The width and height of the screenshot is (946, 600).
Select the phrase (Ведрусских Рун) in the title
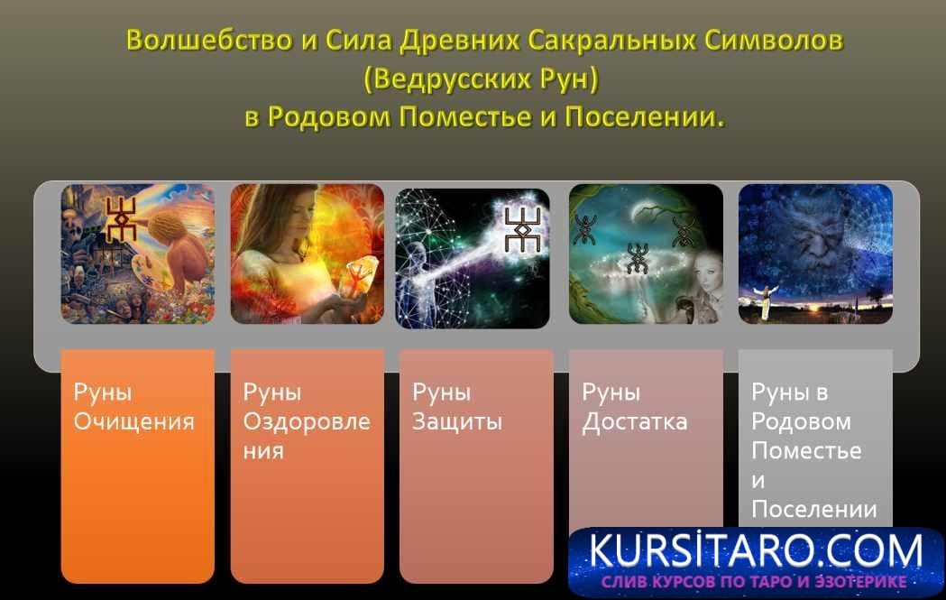[482, 79]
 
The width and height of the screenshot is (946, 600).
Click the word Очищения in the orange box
[134, 421]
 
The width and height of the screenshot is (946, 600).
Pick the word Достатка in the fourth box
[635, 421]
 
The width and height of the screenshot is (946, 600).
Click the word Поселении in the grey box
[814, 509]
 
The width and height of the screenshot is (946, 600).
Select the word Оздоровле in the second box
[307, 421]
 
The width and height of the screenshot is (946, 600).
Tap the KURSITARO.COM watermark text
[756, 549]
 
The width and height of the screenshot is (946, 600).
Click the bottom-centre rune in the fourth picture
[638, 257]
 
